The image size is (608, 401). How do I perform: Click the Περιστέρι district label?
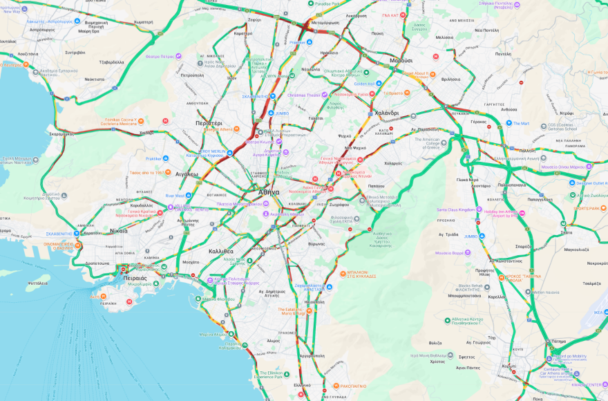point(208,122)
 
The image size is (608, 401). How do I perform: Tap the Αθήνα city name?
point(269,192)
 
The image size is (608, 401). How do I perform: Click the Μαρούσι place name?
point(400,61)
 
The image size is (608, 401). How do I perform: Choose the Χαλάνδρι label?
point(386,113)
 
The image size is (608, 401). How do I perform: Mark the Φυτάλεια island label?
point(38,282)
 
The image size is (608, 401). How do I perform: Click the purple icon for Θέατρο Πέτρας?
point(178,56)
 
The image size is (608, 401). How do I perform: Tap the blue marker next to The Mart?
point(507,124)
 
